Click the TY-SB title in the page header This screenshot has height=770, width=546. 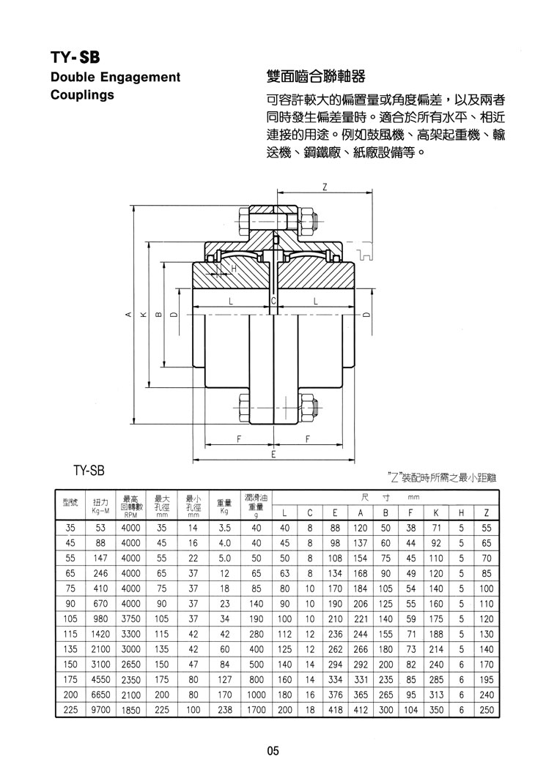point(75,57)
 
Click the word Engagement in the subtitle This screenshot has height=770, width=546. point(141,77)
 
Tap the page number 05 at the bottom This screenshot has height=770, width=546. point(273,751)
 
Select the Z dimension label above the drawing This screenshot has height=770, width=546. point(325,187)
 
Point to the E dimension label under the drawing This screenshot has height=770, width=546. point(273,455)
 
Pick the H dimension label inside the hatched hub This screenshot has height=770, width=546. point(234,269)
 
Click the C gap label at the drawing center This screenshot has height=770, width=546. point(273,302)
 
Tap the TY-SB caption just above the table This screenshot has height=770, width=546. point(89,471)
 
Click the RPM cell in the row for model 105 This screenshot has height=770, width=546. point(131,619)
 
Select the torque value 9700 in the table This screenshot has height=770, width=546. point(100,710)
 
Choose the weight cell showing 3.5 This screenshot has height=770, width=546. point(224,528)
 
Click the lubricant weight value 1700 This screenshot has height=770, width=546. point(256,710)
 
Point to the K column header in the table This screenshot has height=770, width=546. point(436,513)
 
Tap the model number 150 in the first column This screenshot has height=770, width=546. point(70,665)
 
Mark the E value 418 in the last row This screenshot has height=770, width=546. point(335,710)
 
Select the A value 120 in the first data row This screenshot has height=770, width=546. point(361,528)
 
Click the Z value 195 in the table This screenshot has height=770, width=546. point(486,680)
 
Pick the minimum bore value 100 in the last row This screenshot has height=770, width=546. point(193,710)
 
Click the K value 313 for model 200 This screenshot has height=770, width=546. point(436,695)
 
